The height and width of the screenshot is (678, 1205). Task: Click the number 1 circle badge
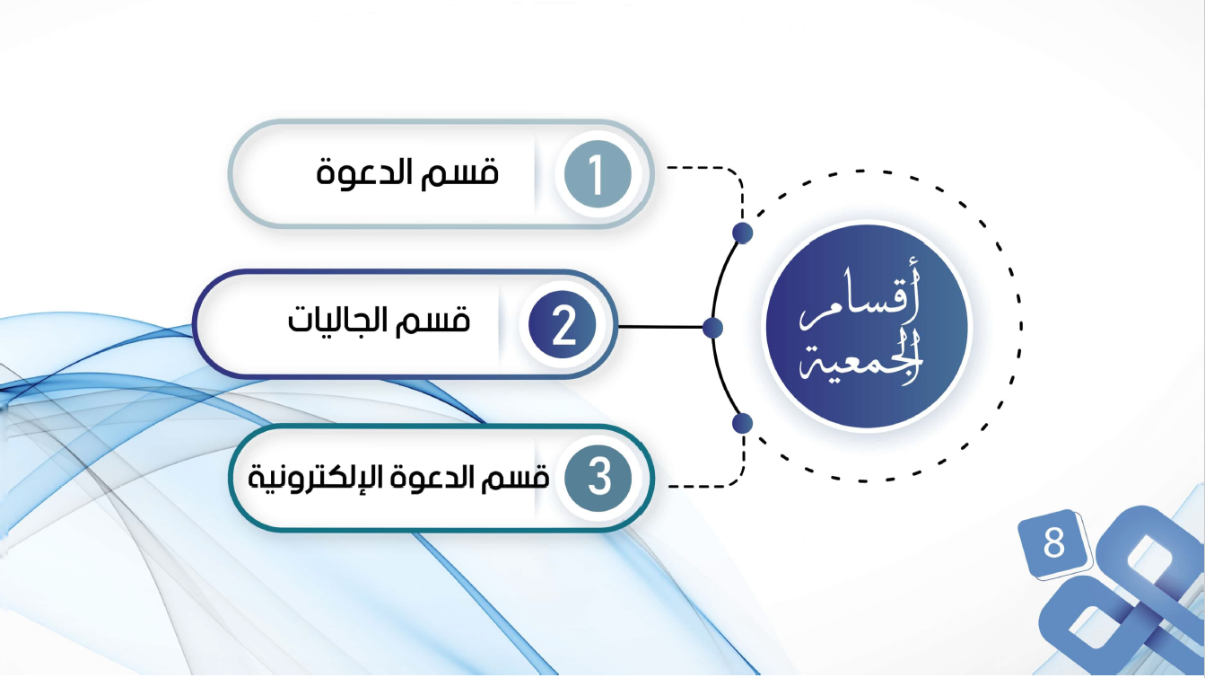click(598, 174)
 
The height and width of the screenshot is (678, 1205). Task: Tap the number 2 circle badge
click(563, 325)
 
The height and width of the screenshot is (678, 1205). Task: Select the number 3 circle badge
click(598, 479)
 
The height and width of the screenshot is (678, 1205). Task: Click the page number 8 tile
click(1053, 543)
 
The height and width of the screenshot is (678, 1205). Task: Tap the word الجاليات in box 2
click(338, 320)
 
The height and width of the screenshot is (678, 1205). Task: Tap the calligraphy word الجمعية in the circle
click(861, 357)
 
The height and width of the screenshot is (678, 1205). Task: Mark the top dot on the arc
click(742, 233)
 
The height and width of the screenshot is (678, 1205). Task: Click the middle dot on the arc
click(712, 328)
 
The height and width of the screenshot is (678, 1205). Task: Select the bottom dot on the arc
click(742, 423)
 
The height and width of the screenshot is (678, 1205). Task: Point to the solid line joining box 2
click(660, 327)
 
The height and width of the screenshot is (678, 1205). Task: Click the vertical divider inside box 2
click(499, 325)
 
